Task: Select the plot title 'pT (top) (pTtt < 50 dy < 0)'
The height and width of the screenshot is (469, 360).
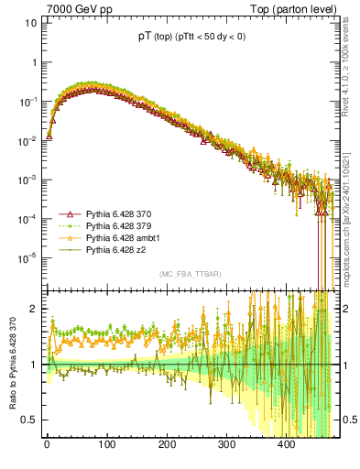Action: tap(190, 38)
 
